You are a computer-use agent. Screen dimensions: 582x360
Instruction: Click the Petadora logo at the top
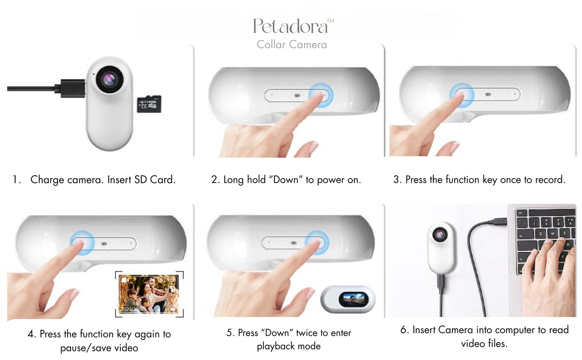293,26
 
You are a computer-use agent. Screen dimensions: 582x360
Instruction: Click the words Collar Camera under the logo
292,45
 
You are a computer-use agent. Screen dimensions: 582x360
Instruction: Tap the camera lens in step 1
110,79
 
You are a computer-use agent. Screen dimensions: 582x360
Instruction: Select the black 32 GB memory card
149,104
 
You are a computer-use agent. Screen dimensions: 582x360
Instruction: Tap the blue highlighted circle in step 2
320,95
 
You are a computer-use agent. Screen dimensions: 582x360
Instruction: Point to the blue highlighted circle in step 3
462,95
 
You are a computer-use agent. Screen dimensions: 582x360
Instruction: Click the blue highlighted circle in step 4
82,243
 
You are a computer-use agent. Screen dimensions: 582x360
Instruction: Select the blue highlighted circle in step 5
317,243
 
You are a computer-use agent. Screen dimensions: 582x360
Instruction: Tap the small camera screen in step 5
353,299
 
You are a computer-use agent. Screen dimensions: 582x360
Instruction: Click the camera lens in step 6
440,234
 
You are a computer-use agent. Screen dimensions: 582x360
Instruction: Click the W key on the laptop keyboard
553,234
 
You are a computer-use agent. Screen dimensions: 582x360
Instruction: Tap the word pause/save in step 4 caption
83,348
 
